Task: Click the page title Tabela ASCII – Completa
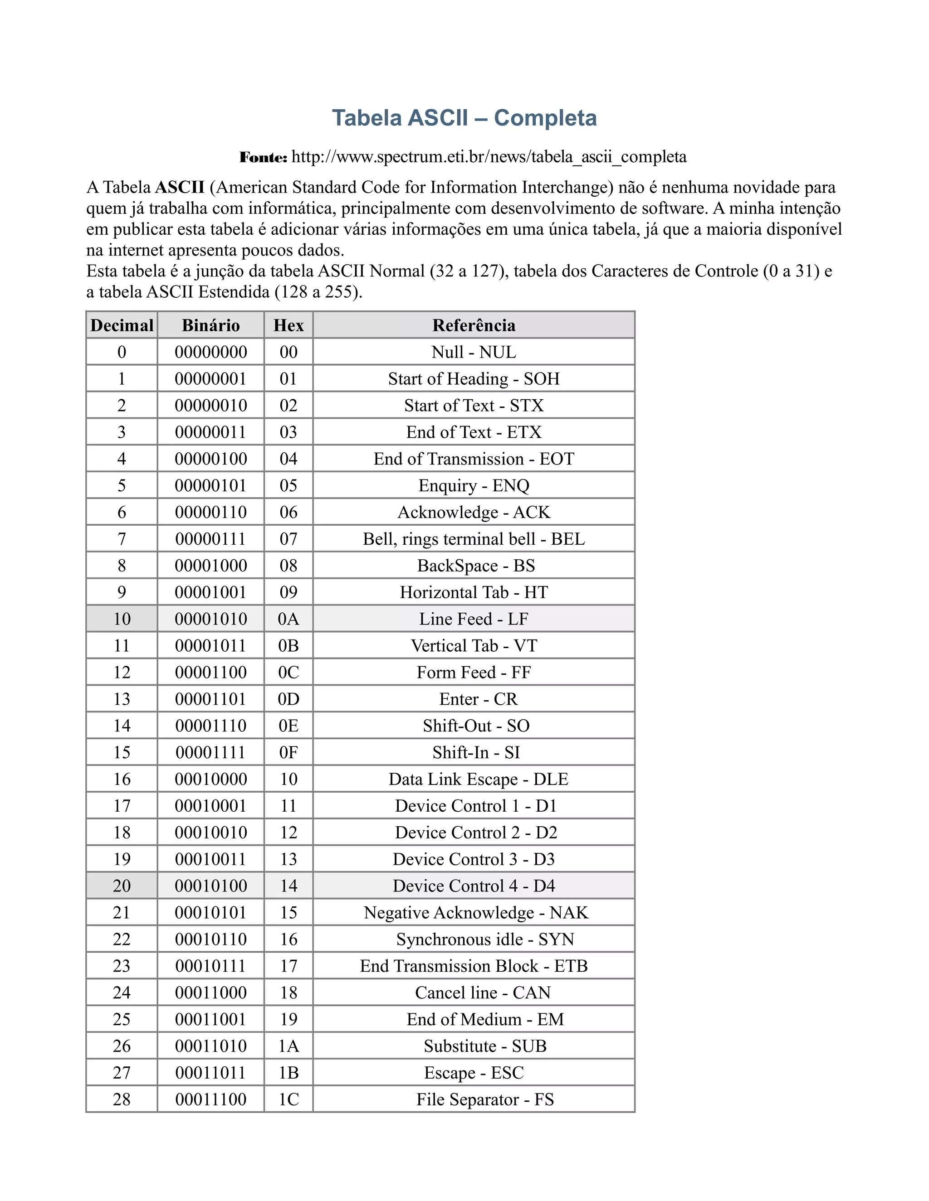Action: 464,118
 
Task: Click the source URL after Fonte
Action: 489,157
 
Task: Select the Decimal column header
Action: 122,325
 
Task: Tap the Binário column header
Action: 211,325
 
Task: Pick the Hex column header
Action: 288,325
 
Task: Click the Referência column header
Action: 474,325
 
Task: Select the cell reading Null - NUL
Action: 474,352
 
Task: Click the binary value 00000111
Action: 211,539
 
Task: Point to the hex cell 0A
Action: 288,619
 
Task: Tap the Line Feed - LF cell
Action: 474,619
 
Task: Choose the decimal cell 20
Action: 122,886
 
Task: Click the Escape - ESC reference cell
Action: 474,1073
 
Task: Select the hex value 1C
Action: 288,1099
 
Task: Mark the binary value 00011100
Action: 211,1099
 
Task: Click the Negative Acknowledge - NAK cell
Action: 476,913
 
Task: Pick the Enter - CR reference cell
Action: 478,699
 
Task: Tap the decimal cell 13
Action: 122,699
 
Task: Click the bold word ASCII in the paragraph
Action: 180,188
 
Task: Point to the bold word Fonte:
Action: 263,158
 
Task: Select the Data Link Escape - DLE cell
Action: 478,779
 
